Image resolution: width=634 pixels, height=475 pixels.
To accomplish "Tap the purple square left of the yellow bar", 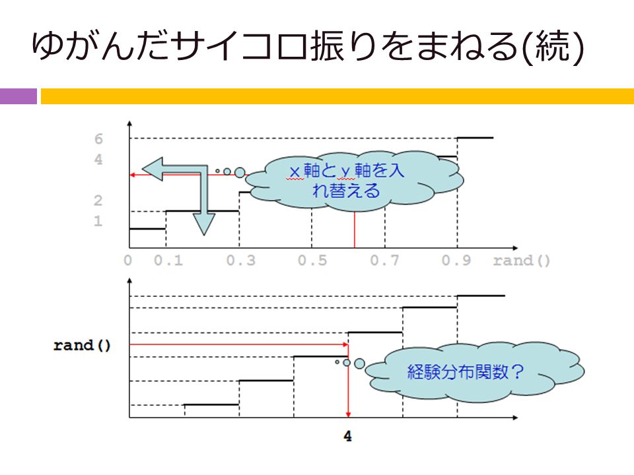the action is pyautogui.click(x=18, y=96).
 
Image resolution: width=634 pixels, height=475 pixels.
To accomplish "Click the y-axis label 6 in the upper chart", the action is pyautogui.click(x=98, y=139).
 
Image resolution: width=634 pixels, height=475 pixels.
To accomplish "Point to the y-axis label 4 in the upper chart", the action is pyautogui.click(x=98, y=160).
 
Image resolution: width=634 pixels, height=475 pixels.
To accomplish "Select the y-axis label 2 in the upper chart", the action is pyautogui.click(x=98, y=201).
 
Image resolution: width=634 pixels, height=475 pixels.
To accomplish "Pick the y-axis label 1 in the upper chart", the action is pyautogui.click(x=98, y=221).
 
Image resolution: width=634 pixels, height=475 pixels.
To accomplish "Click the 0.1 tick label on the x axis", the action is pyautogui.click(x=168, y=261).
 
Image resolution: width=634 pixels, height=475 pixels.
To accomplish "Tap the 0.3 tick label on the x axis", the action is pyautogui.click(x=240, y=261).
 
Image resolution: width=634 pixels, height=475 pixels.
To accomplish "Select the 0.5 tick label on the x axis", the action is pyautogui.click(x=312, y=261).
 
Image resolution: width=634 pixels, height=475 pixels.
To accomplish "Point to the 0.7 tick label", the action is pyautogui.click(x=384, y=261).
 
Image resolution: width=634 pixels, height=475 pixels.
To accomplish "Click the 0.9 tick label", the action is pyautogui.click(x=456, y=261).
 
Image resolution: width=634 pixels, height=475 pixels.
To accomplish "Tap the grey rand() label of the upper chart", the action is pyautogui.click(x=522, y=261).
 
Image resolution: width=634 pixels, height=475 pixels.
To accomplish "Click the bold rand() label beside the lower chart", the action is pyautogui.click(x=82, y=345).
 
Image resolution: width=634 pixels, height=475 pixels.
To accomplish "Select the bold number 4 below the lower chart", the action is pyautogui.click(x=348, y=436).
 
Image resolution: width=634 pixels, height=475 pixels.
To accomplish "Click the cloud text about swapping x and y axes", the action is pyautogui.click(x=347, y=181).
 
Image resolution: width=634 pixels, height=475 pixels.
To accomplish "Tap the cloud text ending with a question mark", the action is pyautogui.click(x=466, y=371).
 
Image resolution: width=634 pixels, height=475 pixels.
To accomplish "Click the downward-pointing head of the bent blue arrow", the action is pyautogui.click(x=204, y=224).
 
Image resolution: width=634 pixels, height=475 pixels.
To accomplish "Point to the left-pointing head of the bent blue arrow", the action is pyautogui.click(x=153, y=169).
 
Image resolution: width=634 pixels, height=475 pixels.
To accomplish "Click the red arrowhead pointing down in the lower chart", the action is pyautogui.click(x=348, y=414).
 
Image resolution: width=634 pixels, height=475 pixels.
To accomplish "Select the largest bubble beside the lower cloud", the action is pyautogui.click(x=359, y=364).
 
